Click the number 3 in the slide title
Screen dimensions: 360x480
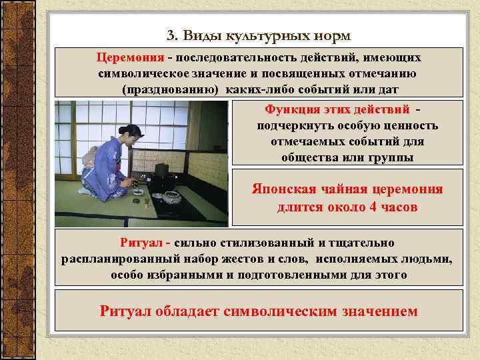170,35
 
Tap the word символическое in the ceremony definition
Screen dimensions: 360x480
141,73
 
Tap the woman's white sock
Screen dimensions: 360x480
85,191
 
